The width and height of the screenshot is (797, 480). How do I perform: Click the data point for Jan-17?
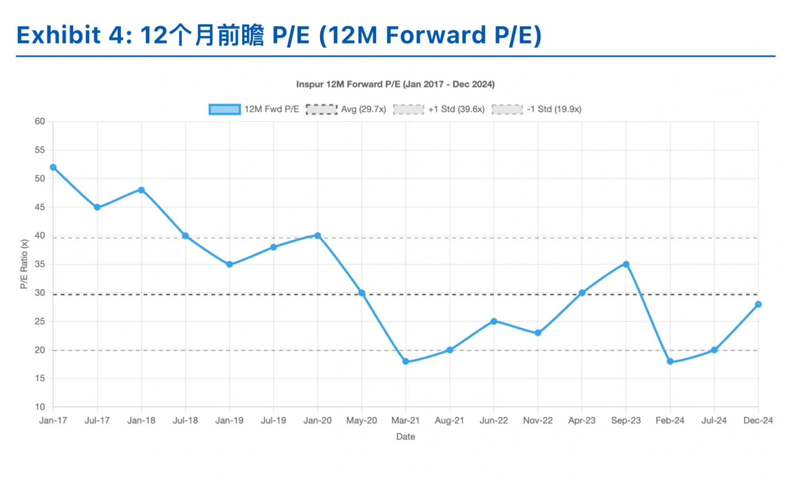tap(53, 168)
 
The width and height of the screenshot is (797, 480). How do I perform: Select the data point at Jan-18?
tap(141, 190)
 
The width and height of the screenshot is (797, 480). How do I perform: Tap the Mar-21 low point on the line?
tap(406, 362)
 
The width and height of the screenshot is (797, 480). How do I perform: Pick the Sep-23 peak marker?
tap(626, 264)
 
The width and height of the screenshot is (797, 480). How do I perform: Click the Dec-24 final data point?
tap(758, 304)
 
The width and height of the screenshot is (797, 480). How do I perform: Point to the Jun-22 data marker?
tap(494, 321)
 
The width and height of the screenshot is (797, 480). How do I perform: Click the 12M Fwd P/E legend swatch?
tap(224, 109)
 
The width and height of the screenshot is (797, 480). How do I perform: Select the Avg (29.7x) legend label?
tap(363, 109)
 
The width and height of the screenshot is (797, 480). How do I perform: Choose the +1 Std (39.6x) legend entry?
tap(456, 109)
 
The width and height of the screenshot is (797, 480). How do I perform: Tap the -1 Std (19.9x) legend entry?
tap(554, 109)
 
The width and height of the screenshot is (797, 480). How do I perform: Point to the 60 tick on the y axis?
tap(40, 121)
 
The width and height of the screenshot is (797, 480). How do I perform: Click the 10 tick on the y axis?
tap(40, 407)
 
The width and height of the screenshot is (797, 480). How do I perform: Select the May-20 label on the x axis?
tap(361, 420)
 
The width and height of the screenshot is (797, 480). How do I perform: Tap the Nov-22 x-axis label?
tap(538, 420)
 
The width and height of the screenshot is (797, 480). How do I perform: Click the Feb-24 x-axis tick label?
tap(670, 420)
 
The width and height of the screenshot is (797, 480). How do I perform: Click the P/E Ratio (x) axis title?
tap(24, 264)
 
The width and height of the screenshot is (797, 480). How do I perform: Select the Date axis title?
tap(405, 437)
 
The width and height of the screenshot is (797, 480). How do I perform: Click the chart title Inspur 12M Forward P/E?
tap(395, 84)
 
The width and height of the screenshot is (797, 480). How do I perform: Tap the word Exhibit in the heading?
tap(59, 35)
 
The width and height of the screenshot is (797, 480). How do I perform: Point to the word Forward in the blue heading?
tap(436, 35)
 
